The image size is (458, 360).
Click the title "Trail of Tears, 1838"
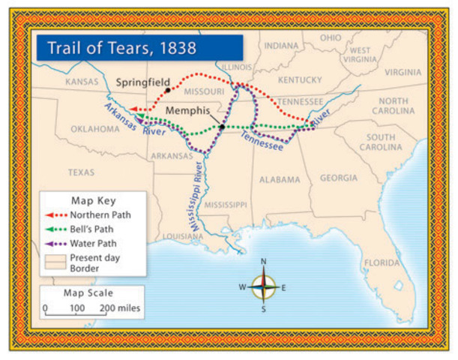pyautogui.click(x=122, y=48)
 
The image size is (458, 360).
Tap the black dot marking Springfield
pyautogui.click(x=168, y=90)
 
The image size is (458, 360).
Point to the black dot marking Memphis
pyautogui.click(x=223, y=127)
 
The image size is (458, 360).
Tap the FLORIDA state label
pyautogui.click(x=382, y=263)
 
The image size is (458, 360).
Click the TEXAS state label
pyautogui.click(x=81, y=172)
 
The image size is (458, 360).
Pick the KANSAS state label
pyautogui.click(x=82, y=81)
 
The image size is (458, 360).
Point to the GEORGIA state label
pyautogui.click(x=339, y=178)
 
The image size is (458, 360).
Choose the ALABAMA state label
pyautogui.click(x=280, y=180)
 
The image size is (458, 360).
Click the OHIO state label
pyautogui.click(x=331, y=37)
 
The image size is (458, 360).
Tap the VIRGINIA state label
pyautogui.click(x=403, y=73)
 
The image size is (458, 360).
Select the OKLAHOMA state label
pyautogui.click(x=95, y=128)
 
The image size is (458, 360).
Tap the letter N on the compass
pyautogui.click(x=263, y=262)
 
